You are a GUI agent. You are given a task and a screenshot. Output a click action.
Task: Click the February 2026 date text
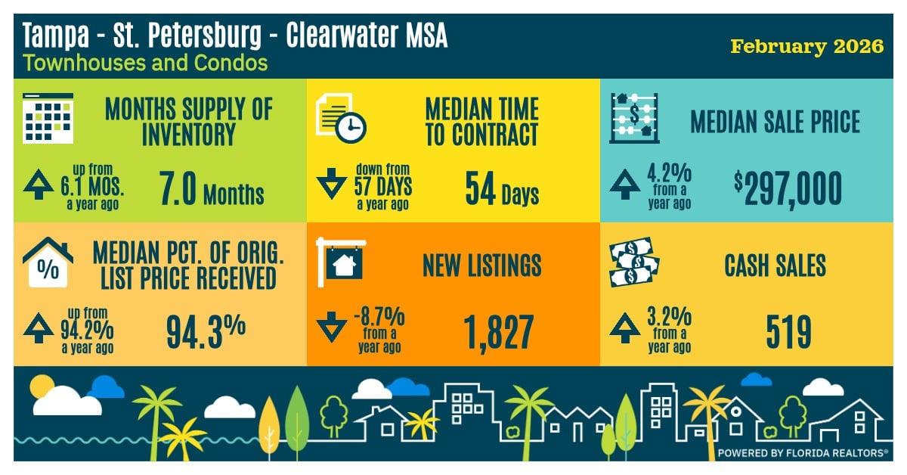coord(806,47)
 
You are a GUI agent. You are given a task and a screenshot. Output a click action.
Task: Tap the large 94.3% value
coord(206,331)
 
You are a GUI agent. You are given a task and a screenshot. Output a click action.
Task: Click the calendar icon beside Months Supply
coord(48,118)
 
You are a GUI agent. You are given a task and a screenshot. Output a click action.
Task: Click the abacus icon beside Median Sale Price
coord(634,118)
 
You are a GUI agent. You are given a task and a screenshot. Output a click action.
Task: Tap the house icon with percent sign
coord(48,262)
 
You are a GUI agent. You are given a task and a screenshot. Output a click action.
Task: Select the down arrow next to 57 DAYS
coord(331,186)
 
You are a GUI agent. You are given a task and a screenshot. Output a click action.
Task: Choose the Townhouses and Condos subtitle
coord(146,62)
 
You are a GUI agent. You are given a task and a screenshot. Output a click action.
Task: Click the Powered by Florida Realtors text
coord(803,453)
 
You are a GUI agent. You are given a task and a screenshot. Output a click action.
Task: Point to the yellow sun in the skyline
coord(40,390)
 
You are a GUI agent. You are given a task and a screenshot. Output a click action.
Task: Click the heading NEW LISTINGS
coord(481,265)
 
